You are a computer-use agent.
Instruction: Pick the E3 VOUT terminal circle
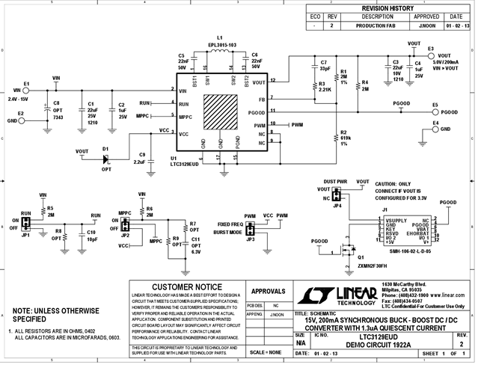tap(430, 55)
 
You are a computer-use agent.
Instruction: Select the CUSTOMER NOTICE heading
tap(186, 286)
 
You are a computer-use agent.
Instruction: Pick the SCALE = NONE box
tap(266, 351)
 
